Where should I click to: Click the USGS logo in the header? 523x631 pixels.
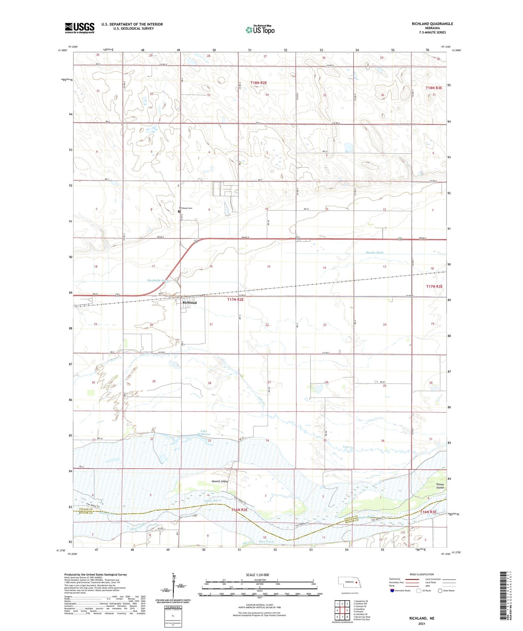[x=80, y=27]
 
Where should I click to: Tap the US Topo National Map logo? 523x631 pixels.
[x=260, y=29]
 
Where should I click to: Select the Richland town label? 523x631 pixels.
[x=189, y=303]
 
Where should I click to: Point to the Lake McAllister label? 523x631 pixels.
[x=204, y=432]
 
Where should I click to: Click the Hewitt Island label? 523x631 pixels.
[x=220, y=481]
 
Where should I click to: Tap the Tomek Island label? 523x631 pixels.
[x=439, y=486]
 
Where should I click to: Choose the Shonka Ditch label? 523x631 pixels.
[x=374, y=253]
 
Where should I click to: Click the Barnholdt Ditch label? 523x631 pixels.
[x=158, y=280]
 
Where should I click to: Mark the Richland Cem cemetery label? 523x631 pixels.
[x=186, y=208]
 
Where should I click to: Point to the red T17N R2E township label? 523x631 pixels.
[x=236, y=300]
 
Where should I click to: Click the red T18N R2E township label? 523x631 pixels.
[x=258, y=83]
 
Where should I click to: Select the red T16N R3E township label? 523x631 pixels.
[x=428, y=512]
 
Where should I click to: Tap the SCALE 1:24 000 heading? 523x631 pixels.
[x=257, y=575]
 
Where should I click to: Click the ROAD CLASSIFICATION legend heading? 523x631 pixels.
[x=421, y=574]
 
